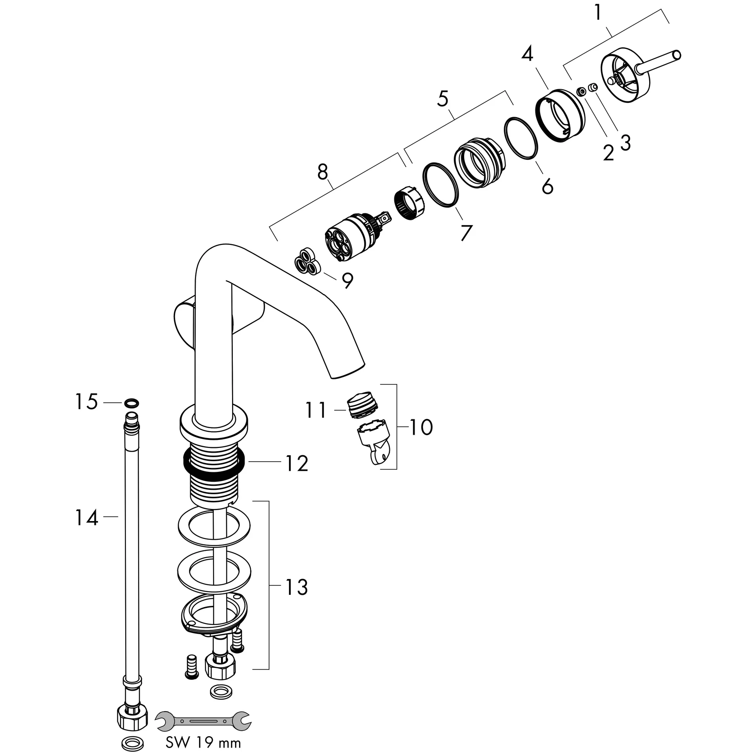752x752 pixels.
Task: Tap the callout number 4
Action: (527, 54)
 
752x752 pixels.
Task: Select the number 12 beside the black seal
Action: (297, 464)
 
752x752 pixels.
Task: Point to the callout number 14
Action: (86, 518)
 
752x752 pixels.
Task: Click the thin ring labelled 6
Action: (521, 138)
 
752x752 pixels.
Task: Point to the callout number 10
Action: (421, 427)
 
